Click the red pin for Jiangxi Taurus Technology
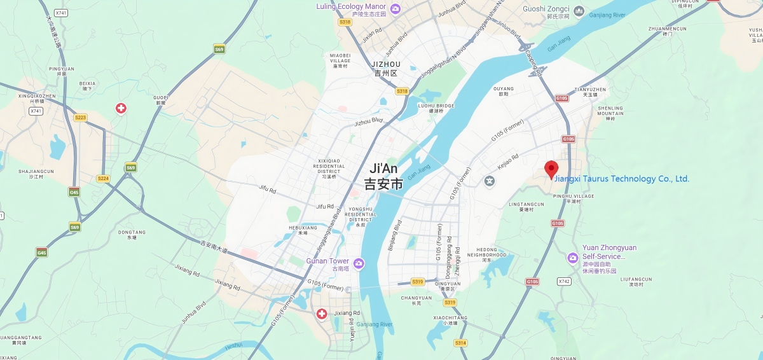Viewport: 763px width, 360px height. pos(551,169)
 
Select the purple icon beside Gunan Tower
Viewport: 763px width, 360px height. pos(359,263)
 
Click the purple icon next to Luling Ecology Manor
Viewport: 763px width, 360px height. pos(395,8)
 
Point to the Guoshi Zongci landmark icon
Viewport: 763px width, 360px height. pos(579,11)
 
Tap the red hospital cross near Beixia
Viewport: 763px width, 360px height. pos(121,108)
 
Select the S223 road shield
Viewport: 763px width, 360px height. pos(80,118)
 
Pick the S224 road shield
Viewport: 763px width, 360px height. pos(103,179)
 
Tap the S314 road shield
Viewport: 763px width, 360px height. pos(460,343)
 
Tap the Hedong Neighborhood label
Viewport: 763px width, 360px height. pos(487,253)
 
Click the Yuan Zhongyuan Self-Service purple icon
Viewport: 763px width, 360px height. pos(572,258)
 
